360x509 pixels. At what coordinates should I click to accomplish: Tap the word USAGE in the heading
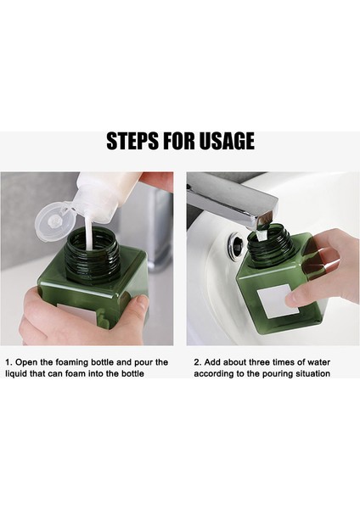tap(227, 141)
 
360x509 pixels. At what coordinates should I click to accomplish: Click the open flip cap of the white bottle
tap(53, 220)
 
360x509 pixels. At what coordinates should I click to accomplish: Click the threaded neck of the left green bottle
tap(93, 255)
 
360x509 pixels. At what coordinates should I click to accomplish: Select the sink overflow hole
tap(236, 243)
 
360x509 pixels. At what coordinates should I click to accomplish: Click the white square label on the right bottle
tap(278, 300)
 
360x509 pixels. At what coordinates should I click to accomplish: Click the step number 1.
tap(8, 362)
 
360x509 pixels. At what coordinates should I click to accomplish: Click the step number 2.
tap(198, 362)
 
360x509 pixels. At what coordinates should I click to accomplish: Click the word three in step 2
tap(260, 362)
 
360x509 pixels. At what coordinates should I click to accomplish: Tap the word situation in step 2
tap(312, 373)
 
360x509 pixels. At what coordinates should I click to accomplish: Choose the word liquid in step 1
tap(16, 374)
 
